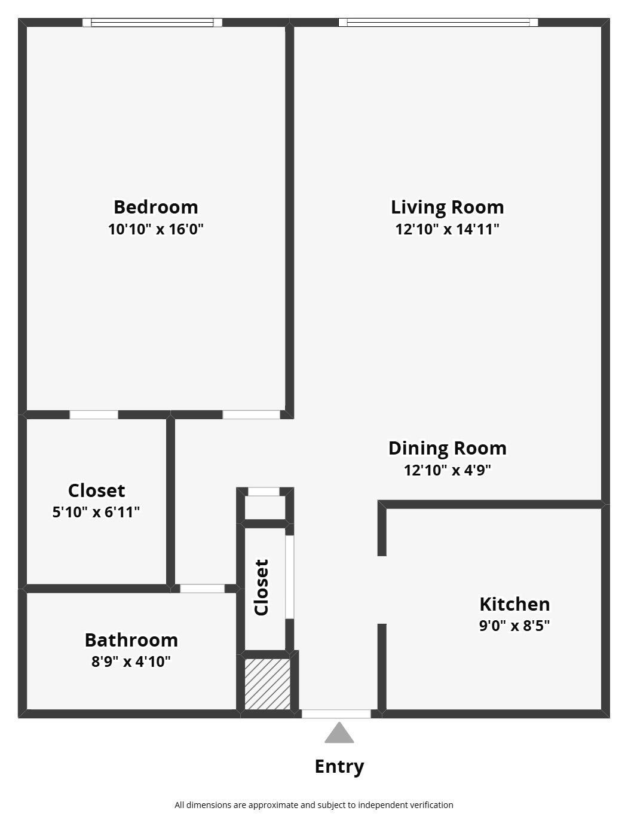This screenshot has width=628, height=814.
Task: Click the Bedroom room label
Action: [156, 207]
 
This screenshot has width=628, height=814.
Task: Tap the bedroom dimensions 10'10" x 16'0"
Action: [156, 229]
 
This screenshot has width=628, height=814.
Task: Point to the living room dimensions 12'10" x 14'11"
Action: [447, 229]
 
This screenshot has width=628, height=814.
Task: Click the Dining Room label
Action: [447, 449]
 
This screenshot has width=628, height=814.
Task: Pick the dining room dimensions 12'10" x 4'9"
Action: [447, 470]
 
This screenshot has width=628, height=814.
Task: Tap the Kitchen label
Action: [514, 604]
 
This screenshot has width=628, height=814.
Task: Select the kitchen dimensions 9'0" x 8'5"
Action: [514, 626]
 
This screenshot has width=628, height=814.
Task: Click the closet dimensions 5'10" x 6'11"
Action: [96, 512]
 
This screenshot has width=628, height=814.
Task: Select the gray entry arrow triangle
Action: [339, 734]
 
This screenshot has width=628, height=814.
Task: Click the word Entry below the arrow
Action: [339, 767]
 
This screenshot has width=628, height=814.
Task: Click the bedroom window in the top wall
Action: [152, 23]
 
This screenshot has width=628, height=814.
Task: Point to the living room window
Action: [438, 23]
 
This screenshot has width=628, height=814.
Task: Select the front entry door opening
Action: [336, 714]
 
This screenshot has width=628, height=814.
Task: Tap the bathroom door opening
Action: [203, 589]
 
